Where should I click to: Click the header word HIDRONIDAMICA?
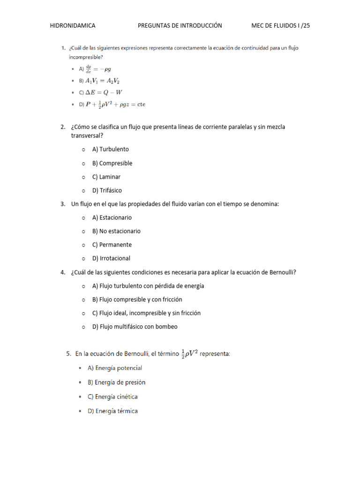click(x=73, y=26)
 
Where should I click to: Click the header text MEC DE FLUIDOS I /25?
click(x=281, y=26)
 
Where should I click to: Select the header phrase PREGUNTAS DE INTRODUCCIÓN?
click(x=180, y=26)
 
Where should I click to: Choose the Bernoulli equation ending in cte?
click(x=115, y=105)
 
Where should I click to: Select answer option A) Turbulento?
click(x=111, y=149)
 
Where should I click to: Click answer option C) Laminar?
click(x=106, y=177)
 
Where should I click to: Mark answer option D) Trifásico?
click(x=107, y=190)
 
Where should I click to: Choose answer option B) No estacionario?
click(x=116, y=231)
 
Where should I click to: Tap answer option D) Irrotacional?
click(x=111, y=258)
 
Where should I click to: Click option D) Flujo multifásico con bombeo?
click(x=135, y=327)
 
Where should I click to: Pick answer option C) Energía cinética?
click(x=112, y=397)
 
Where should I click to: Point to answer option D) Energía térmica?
click(x=112, y=411)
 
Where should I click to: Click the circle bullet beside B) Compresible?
click(x=83, y=164)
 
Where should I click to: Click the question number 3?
click(x=63, y=204)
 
